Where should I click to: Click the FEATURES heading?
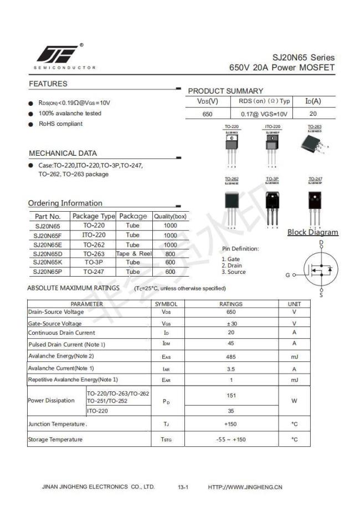point(48,84)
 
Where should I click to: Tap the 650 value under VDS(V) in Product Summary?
point(207,114)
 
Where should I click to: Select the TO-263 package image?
point(314,142)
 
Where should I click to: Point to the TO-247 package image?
point(315,203)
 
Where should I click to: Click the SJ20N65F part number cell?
point(48,236)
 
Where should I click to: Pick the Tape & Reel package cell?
point(133,253)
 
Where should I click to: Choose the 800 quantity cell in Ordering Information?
point(170,253)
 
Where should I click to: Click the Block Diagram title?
point(312,232)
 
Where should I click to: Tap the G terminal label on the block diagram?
point(287,275)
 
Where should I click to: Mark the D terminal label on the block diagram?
point(321,243)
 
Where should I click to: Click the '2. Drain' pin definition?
point(233,266)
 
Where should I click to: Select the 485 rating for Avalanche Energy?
point(231,356)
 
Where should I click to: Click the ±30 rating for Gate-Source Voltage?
point(231,324)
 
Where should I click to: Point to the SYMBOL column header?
point(166,304)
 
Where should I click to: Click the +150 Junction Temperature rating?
point(231,424)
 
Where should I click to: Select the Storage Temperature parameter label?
point(55,440)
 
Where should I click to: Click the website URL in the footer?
point(245,487)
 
